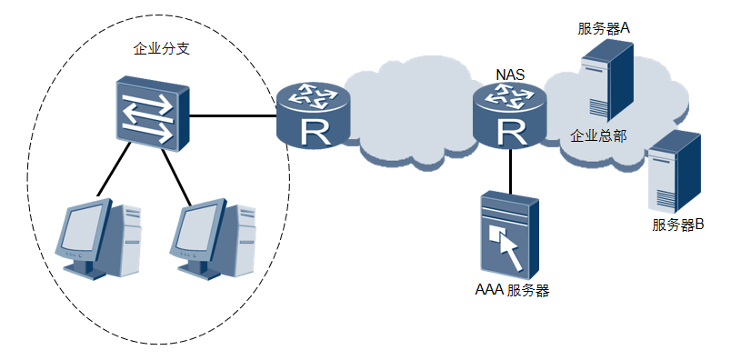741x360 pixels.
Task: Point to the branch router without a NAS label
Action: point(314,115)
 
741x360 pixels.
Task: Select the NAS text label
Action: point(510,75)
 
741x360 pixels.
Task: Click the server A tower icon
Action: point(606,81)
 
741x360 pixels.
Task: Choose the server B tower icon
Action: point(674,172)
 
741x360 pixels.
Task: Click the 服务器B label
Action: point(677,225)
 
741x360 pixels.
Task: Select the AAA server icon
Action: point(510,235)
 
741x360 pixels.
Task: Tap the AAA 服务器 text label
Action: point(512,290)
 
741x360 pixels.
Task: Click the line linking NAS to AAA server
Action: point(510,171)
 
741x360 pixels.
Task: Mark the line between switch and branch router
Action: point(233,115)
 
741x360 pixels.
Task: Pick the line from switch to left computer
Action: point(113,170)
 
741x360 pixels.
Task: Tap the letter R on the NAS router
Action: point(511,132)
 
